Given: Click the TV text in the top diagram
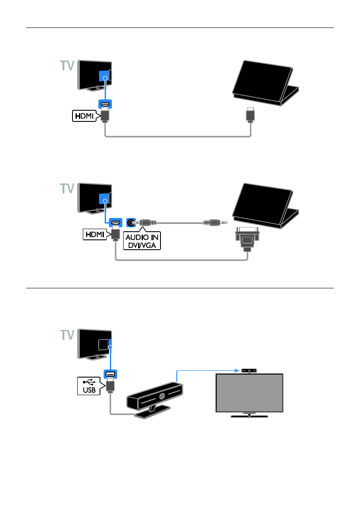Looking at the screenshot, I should (x=66, y=66).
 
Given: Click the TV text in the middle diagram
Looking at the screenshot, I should (x=66, y=189).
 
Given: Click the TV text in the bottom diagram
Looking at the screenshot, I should (x=66, y=335).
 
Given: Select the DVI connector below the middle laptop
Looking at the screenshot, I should (x=247, y=239).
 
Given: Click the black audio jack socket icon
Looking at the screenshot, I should (x=131, y=223).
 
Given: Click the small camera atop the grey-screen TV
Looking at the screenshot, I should (x=249, y=369).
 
